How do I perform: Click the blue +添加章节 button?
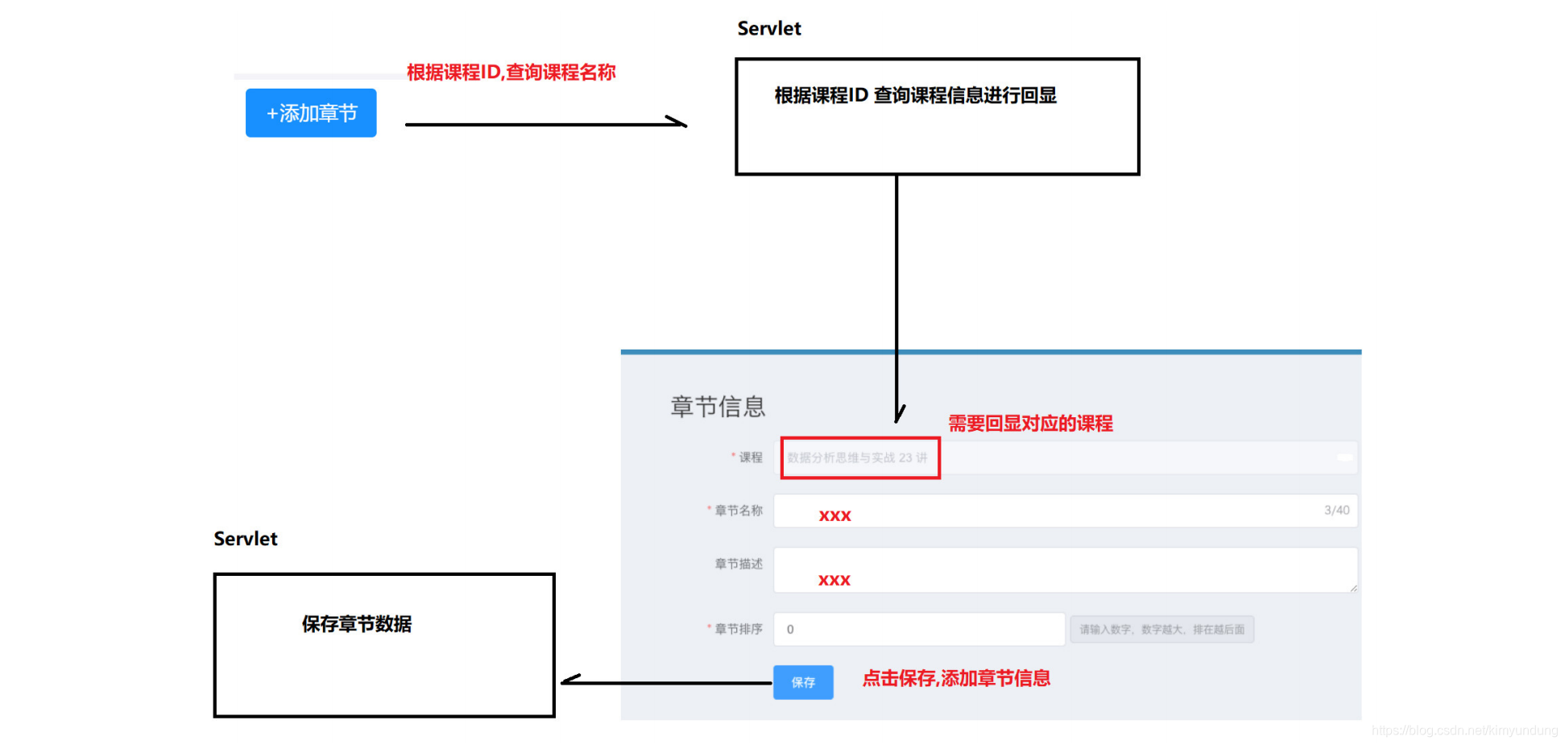point(311,113)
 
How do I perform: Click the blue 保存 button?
point(803,682)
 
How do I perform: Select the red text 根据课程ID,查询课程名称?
point(511,72)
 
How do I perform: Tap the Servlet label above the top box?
point(768,29)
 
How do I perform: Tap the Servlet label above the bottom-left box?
point(245,539)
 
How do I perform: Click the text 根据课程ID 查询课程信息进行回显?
point(915,96)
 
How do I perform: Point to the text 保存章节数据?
point(356,624)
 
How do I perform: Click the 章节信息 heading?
point(718,407)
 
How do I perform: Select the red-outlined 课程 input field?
point(859,458)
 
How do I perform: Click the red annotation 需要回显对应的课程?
point(1030,424)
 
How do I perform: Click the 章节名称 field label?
point(738,511)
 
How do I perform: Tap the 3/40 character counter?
point(1336,511)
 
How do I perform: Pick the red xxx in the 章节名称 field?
point(834,516)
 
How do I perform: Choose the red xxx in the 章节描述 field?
point(834,581)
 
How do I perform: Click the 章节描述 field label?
point(738,564)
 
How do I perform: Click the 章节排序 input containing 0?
point(918,629)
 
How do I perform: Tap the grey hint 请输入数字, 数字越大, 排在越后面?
point(1161,630)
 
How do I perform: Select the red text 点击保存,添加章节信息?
point(956,679)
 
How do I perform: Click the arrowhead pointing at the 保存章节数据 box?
point(569,681)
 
